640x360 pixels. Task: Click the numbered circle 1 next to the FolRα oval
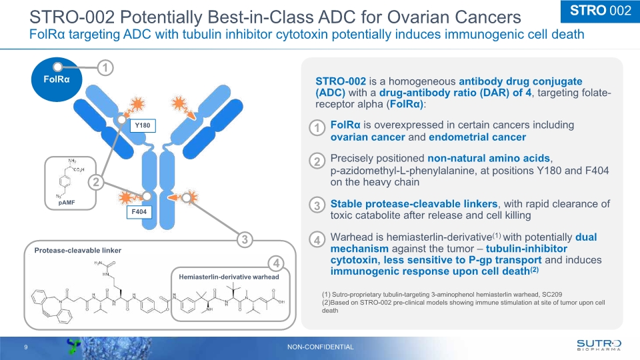tap(104, 67)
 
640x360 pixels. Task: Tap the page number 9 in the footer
tap(25, 347)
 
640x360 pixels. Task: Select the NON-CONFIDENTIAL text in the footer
tap(320, 347)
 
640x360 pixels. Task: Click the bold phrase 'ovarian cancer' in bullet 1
tap(368, 137)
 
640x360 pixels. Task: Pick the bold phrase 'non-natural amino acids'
tap(489, 158)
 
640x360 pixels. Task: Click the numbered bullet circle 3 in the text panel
tap(319, 206)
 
